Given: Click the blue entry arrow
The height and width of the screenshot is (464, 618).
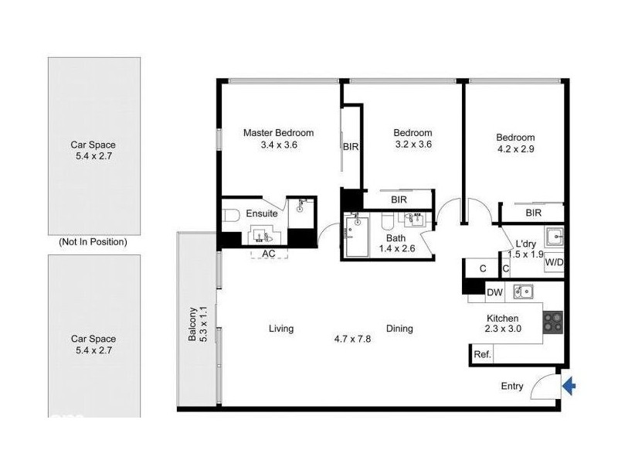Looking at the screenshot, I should point(569,386).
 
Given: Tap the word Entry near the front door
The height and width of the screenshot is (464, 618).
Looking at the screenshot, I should point(512,387).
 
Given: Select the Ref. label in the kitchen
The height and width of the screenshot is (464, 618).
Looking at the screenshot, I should point(482,354).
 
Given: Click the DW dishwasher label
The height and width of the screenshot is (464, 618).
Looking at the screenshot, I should point(495,292).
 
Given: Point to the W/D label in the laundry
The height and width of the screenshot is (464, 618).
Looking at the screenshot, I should point(554,262).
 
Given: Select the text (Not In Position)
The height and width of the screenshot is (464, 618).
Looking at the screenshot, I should point(93,242).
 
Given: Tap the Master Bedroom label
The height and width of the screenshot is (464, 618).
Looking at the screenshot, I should point(278,132).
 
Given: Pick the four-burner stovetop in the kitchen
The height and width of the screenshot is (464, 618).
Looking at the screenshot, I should point(553,322).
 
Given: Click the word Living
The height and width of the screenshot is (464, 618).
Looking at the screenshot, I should point(281,329).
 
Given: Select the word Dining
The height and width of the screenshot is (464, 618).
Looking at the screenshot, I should point(399,329).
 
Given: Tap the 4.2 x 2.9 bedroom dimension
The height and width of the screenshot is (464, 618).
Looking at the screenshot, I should point(515,150).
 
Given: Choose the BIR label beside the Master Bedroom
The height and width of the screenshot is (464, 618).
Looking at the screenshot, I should point(350,145).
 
